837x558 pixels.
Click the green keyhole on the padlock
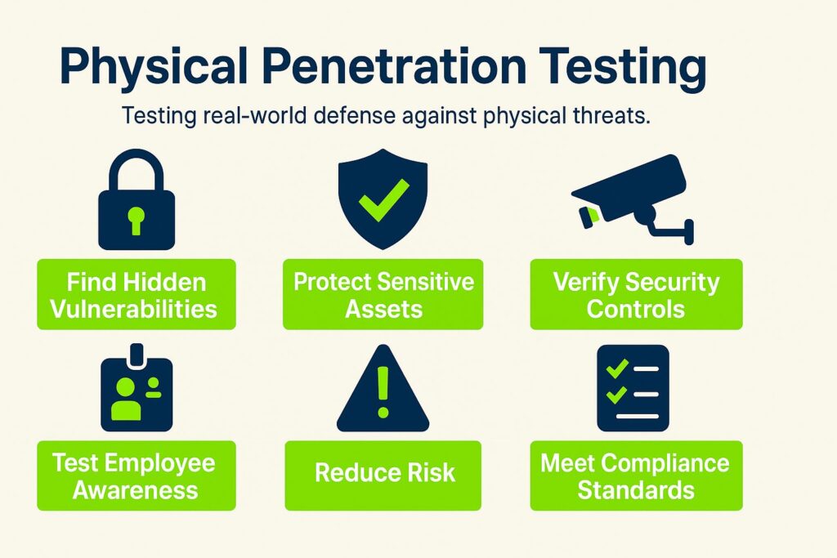tap(137, 218)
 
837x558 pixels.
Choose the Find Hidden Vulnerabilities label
tap(137, 295)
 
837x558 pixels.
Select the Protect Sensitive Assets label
tap(384, 295)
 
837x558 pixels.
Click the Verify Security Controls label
tap(636, 295)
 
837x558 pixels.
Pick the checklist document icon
tap(633, 387)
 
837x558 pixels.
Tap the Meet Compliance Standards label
tap(636, 475)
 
